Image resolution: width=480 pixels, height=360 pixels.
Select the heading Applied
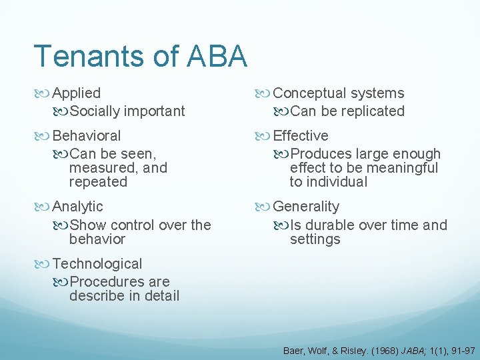click(76, 93)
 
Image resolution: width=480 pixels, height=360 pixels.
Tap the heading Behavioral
click(87, 135)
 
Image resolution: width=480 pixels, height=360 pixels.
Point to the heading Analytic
click(77, 207)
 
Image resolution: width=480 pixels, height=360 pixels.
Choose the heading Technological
click(97, 264)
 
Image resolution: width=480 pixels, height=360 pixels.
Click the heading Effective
click(301, 135)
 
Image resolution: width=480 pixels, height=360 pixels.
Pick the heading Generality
click(306, 207)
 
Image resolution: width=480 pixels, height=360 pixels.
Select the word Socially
click(96, 111)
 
